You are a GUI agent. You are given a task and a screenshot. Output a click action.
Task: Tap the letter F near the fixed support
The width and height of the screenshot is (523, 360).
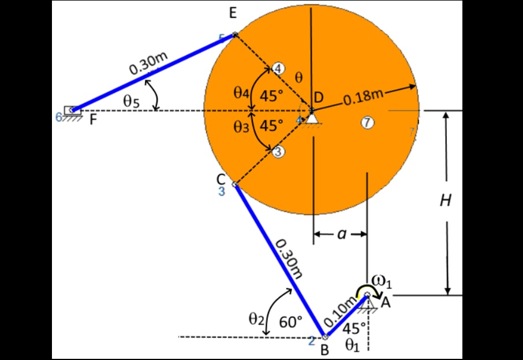[x=92, y=121]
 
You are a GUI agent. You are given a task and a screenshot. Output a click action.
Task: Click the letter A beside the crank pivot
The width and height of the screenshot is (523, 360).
[x=385, y=302]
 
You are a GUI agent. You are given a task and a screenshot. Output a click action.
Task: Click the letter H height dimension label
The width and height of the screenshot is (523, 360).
[x=445, y=201]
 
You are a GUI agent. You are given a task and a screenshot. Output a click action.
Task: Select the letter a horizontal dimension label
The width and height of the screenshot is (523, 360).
[x=341, y=234]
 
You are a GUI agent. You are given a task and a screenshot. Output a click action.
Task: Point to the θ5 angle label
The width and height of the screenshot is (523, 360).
[x=131, y=102]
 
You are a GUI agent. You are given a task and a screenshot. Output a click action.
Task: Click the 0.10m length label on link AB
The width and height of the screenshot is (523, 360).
[x=340, y=312]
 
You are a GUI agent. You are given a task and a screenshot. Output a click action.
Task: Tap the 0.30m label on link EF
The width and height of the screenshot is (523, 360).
[x=148, y=63]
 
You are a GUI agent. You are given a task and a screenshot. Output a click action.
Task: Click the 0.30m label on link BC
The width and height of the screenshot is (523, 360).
[x=287, y=260]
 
